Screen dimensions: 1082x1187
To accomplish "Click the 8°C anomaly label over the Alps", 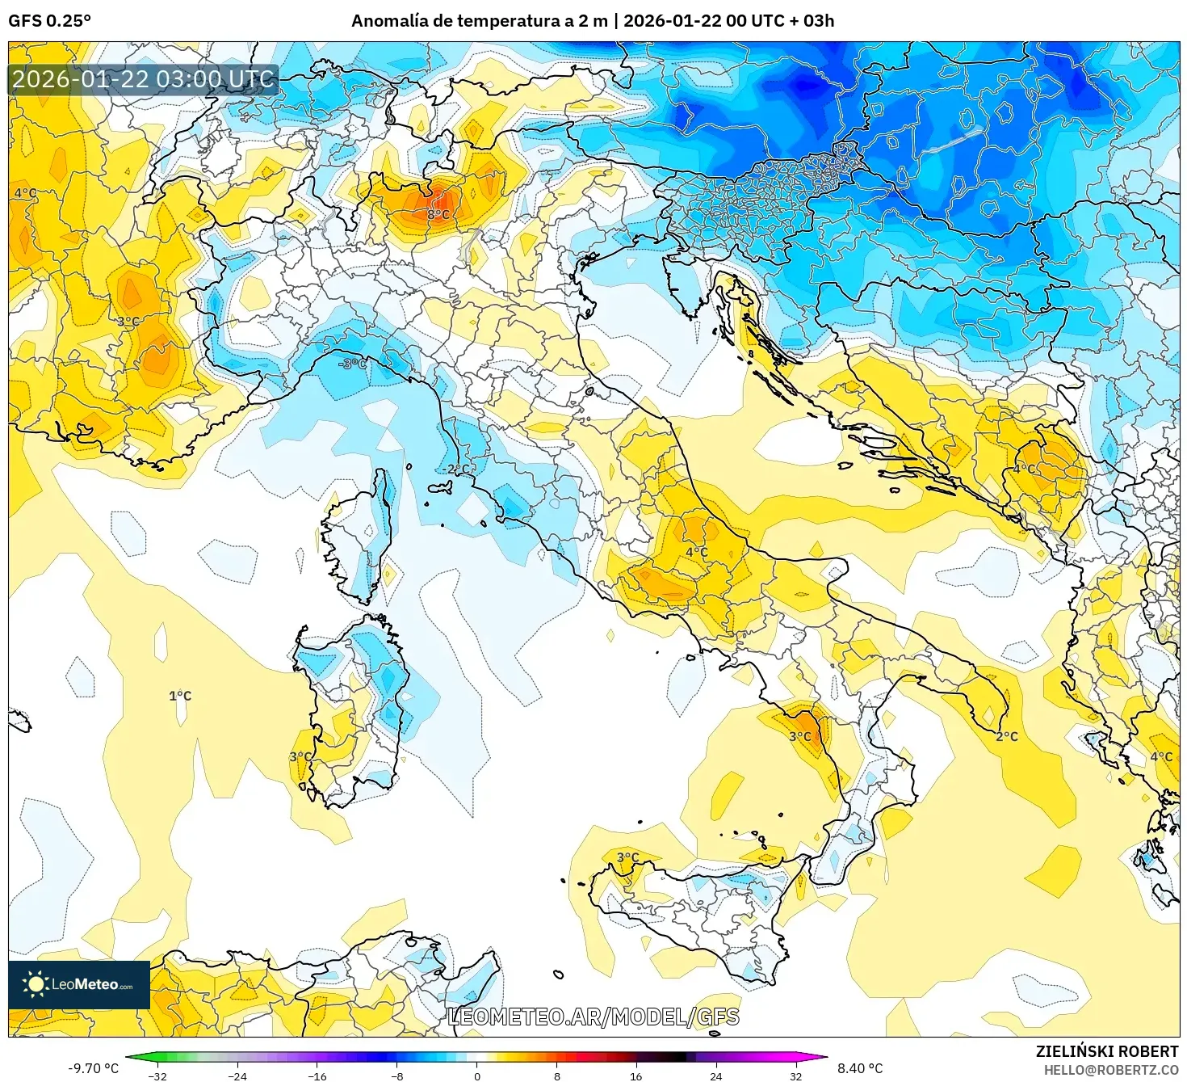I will click(438, 215).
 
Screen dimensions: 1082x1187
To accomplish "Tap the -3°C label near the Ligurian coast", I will click(352, 364).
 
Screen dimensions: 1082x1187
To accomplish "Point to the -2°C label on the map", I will click(455, 469).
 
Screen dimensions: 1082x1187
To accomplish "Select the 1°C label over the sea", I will click(180, 696).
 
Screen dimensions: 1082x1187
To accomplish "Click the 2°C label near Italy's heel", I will click(1006, 736).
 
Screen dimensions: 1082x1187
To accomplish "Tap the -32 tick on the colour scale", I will click(158, 1076).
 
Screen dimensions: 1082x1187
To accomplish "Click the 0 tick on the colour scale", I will click(477, 1076).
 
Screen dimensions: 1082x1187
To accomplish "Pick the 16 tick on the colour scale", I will click(636, 1076).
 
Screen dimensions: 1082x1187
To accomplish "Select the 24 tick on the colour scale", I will click(715, 1076).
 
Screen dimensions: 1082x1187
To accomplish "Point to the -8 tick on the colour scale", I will click(397, 1076).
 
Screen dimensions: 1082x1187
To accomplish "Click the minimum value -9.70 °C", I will click(93, 1068).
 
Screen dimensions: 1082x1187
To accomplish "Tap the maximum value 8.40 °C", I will click(860, 1068).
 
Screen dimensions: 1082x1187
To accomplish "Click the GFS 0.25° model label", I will click(50, 21).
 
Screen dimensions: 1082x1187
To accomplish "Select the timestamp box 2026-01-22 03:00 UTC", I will click(144, 79).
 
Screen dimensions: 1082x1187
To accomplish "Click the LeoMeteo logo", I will click(79, 984).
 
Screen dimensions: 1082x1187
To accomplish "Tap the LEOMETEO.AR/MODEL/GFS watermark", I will click(593, 1017).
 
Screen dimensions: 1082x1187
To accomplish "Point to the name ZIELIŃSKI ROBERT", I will click(1107, 1051).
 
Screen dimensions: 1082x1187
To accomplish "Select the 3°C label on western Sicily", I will click(627, 857).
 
